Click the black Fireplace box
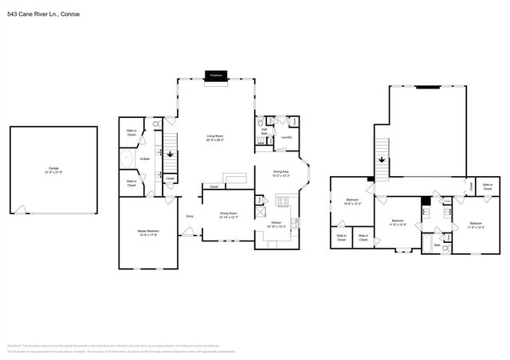point(215,75)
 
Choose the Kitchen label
point(276,223)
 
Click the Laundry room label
point(286,136)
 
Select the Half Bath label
point(264,132)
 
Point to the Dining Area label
point(281,172)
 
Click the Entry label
point(190,217)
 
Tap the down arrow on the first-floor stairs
point(168,151)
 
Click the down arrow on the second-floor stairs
point(382,159)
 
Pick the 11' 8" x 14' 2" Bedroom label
point(476,224)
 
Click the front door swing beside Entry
point(188,232)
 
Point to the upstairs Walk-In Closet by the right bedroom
point(487,186)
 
